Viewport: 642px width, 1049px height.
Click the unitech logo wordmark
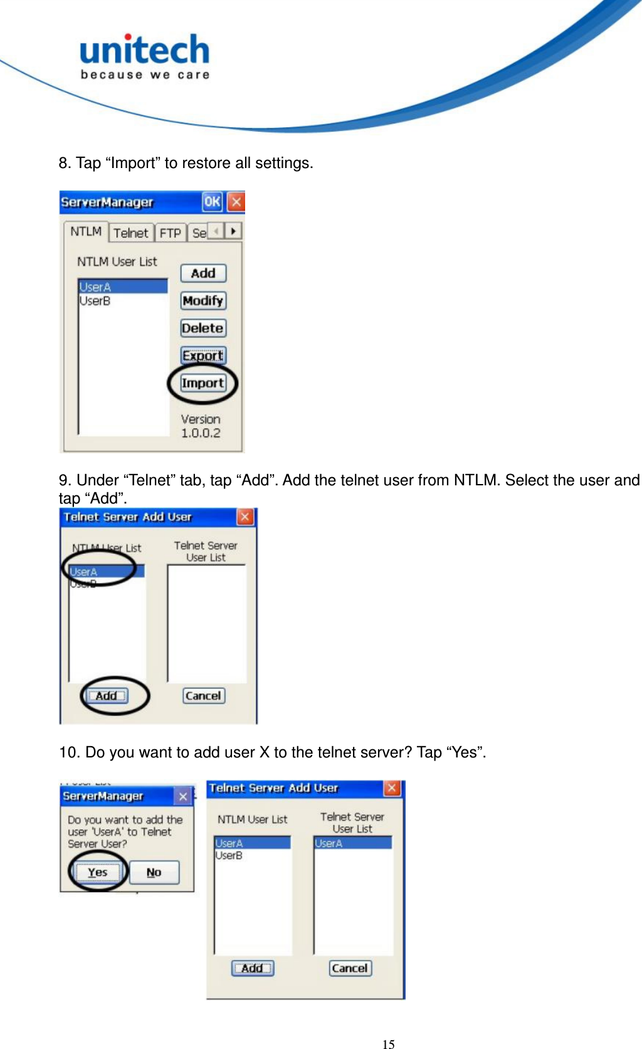pos(144,50)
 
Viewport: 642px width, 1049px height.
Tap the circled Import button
pos(203,383)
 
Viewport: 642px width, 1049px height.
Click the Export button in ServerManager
pos(203,356)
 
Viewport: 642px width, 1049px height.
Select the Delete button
pos(203,328)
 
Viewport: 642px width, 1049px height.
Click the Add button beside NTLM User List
pos(203,273)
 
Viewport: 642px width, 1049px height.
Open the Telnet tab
pos(130,233)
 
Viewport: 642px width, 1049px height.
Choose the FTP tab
pos(170,233)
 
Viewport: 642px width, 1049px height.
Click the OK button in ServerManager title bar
pos(212,202)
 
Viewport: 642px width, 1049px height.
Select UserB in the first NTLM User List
pos(95,301)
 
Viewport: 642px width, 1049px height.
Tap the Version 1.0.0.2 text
pos(201,426)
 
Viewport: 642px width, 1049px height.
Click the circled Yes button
pos(98,872)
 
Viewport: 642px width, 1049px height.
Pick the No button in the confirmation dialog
pos(154,872)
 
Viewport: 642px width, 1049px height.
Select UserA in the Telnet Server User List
pos(329,843)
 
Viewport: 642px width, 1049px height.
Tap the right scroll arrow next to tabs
pos(233,231)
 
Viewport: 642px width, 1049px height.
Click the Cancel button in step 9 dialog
pos(203,695)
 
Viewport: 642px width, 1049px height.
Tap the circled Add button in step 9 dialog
pos(107,695)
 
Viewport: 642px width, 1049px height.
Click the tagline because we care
pos(145,75)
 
